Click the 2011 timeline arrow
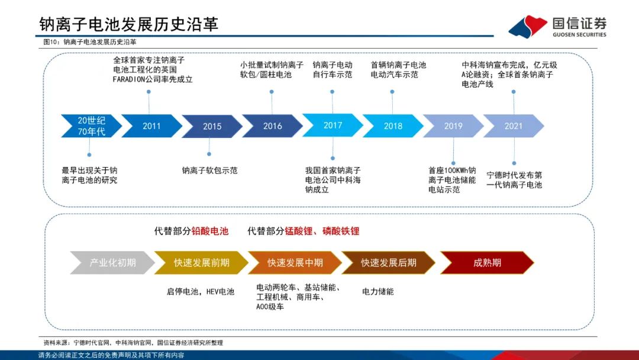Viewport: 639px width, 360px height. tap(151, 126)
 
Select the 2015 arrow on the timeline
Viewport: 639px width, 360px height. tap(212, 126)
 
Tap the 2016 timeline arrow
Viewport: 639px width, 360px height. tap(272, 126)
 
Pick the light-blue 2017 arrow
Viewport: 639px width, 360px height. tap(333, 126)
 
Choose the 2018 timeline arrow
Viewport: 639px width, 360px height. tap(393, 126)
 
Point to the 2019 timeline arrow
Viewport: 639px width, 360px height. tap(453, 126)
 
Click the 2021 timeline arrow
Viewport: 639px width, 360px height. tap(514, 126)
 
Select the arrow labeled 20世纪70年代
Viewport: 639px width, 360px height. tap(91, 126)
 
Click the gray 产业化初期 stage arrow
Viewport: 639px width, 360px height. tap(112, 262)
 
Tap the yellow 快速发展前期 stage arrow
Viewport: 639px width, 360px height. tap(201, 262)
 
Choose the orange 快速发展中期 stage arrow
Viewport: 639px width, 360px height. tap(295, 262)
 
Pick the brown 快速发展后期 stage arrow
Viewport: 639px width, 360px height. tap(388, 262)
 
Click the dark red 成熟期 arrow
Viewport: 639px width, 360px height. tap(487, 262)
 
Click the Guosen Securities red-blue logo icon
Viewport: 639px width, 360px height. tap(528, 27)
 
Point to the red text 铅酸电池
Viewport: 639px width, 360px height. tap(210, 231)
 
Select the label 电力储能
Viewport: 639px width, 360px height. tap(377, 291)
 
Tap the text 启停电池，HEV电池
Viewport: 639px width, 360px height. tap(201, 291)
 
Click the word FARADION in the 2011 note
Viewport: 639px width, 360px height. tap(129, 79)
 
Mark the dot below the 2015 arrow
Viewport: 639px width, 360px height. tap(209, 154)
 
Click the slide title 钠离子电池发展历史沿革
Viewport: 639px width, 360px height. tap(129, 24)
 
